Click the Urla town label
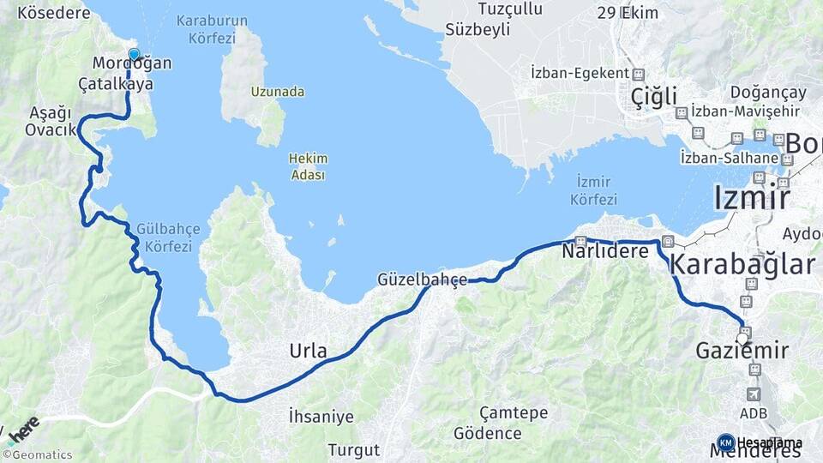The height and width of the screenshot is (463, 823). pyautogui.click(x=308, y=352)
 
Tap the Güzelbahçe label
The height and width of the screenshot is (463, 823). pyautogui.click(x=423, y=280)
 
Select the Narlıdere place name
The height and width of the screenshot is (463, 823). pyautogui.click(x=605, y=252)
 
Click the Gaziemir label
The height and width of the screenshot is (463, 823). pyautogui.click(x=742, y=351)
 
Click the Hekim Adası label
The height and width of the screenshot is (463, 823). pyautogui.click(x=308, y=166)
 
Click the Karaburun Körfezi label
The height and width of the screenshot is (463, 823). pyautogui.click(x=212, y=28)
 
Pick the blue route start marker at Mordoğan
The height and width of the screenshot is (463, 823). pyautogui.click(x=134, y=55)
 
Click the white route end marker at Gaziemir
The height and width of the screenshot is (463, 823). pyautogui.click(x=742, y=339)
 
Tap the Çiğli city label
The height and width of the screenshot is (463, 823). pyautogui.click(x=653, y=95)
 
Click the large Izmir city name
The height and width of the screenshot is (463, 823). pyautogui.click(x=751, y=198)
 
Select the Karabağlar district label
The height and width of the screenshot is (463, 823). pyautogui.click(x=742, y=264)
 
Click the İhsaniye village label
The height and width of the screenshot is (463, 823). pyautogui.click(x=321, y=418)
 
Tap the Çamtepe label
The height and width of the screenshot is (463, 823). pyautogui.click(x=514, y=413)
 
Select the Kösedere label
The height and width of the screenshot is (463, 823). pyautogui.click(x=53, y=13)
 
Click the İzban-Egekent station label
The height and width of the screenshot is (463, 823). pyautogui.click(x=580, y=74)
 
